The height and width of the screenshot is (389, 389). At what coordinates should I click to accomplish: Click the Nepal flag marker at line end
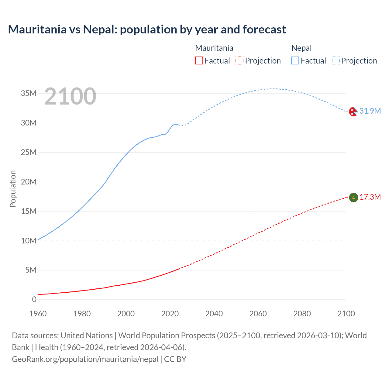[353, 112]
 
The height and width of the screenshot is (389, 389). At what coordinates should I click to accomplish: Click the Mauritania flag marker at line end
[353, 198]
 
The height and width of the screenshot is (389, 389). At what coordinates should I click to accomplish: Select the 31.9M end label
[370, 111]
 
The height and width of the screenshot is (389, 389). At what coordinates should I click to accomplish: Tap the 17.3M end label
[370, 197]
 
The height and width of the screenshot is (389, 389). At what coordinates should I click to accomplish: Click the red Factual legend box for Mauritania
[199, 60]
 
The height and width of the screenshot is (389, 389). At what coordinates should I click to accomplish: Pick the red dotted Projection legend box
[239, 60]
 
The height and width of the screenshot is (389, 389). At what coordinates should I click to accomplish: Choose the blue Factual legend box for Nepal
[295, 60]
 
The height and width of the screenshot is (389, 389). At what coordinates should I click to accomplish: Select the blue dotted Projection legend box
[336, 60]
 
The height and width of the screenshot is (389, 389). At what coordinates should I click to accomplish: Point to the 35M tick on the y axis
[29, 93]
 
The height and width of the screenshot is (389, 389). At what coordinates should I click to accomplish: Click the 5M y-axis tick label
[31, 270]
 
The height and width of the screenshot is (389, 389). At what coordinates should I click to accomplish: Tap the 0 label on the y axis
[34, 299]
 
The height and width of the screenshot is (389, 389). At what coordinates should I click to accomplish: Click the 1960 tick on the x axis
[38, 314]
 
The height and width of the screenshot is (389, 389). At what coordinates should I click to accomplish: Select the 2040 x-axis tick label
[214, 314]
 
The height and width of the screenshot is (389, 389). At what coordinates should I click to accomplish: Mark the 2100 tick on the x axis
[346, 314]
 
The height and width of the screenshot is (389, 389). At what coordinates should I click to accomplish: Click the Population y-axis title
[13, 189]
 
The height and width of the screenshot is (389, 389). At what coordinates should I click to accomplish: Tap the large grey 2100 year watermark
[70, 96]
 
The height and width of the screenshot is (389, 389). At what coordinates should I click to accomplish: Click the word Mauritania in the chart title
[37, 29]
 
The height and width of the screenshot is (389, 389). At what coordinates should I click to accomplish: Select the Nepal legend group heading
[301, 48]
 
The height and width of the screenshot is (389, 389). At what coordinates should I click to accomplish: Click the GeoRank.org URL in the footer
[85, 359]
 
